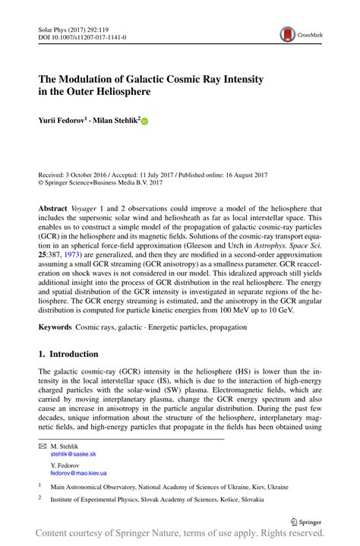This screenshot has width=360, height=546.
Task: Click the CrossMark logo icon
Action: point(289,33)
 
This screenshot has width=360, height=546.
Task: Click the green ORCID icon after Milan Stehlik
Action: point(145,120)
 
